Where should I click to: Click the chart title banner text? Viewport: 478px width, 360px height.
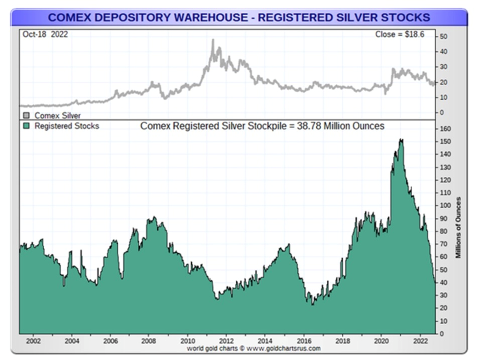coord(239,18)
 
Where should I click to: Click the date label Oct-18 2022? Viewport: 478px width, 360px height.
coord(45,34)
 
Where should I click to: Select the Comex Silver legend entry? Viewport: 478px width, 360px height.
coord(57,116)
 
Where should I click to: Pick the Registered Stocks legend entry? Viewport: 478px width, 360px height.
coord(67,126)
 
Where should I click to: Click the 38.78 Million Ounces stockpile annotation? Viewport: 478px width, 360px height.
coord(262,126)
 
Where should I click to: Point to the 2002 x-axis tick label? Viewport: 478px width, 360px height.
coord(33,341)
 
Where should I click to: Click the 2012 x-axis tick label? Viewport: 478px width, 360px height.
coord(226,341)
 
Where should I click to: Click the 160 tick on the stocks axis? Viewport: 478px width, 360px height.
coord(445,129)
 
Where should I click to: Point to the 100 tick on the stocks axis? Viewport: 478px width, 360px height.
coord(445,206)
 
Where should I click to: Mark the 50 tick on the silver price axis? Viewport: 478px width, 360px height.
coord(443,37)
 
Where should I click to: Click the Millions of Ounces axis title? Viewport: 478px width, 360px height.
coord(459,227)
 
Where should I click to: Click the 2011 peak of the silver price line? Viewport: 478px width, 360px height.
coord(213,40)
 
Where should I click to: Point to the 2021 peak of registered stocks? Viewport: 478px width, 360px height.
coord(401,140)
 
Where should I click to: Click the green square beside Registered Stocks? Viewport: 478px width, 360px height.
coord(26,126)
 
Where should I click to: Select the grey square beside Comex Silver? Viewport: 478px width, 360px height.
coord(26,116)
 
